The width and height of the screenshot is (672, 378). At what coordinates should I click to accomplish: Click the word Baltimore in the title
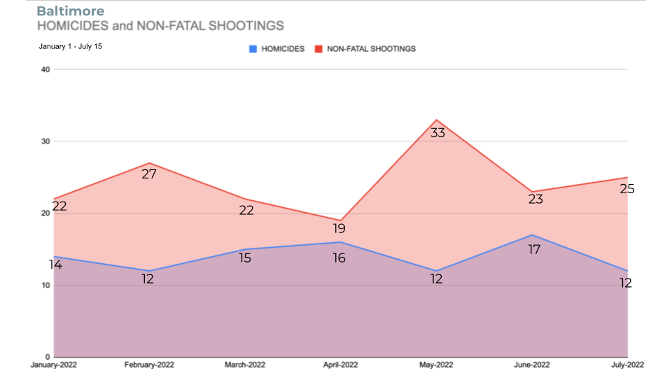point(70,11)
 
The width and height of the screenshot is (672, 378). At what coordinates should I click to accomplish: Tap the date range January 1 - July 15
point(71,47)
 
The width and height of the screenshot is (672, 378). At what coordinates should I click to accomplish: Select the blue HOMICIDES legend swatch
point(253,49)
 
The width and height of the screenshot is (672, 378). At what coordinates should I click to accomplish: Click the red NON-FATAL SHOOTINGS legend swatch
point(319,49)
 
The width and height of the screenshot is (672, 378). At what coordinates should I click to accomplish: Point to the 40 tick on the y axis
point(45,69)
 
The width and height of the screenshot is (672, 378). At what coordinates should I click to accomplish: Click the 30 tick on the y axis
point(45,141)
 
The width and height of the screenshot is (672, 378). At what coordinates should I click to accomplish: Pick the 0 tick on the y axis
point(48,357)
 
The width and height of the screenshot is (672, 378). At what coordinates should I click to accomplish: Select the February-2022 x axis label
point(149,365)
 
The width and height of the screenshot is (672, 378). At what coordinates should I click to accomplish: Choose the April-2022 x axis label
point(341,365)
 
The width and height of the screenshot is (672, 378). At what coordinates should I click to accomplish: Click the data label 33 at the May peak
point(437,132)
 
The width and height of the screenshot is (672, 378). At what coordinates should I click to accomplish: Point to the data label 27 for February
point(148,174)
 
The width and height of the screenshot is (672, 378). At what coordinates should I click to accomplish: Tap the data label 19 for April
point(339,228)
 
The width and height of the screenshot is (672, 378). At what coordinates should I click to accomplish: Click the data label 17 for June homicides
point(534,249)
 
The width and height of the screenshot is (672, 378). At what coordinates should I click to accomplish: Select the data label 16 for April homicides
point(339,258)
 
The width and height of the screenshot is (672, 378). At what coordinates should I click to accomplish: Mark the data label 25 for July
point(627,188)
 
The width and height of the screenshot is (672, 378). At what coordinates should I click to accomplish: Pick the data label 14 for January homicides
point(55,265)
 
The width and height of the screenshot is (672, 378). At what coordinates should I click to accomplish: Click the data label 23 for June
point(535,199)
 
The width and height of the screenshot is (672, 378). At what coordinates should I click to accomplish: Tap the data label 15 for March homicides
point(246,258)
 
